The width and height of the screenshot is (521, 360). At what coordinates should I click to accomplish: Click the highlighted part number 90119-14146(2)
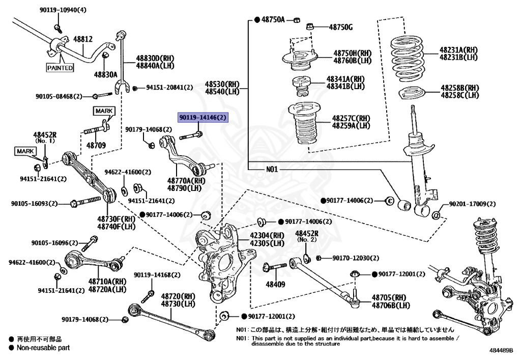click(x=202, y=118)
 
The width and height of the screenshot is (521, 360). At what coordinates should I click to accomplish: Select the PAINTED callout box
click(x=60, y=68)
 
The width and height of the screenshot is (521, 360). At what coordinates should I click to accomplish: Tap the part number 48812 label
click(x=82, y=39)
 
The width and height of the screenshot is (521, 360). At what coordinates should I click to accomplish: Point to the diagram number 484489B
click(x=502, y=351)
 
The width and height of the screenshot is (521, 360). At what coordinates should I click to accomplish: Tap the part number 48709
click(x=96, y=146)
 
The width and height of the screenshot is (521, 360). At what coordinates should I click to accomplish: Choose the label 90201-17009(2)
click(x=472, y=204)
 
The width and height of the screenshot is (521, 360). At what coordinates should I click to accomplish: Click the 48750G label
click(x=340, y=27)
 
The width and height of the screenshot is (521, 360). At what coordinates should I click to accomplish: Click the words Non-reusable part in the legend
click(x=43, y=348)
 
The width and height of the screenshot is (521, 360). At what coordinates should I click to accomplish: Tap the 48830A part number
click(x=105, y=74)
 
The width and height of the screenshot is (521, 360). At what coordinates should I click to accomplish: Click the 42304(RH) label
click(x=267, y=236)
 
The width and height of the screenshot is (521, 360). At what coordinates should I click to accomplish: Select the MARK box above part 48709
click(x=104, y=110)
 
